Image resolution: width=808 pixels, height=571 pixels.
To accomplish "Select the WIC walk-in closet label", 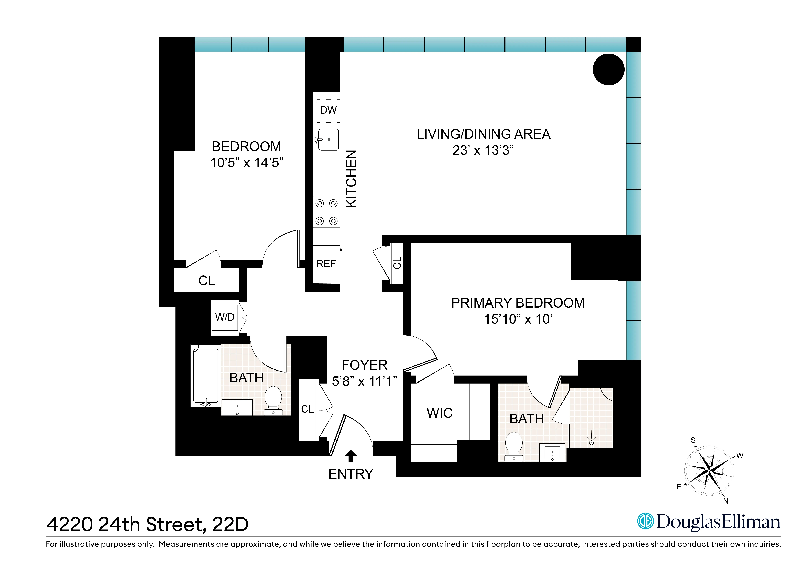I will [440, 413].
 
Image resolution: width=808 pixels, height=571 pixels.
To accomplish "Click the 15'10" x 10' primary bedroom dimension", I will [518, 319].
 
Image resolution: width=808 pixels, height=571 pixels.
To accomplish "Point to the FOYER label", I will [365, 365].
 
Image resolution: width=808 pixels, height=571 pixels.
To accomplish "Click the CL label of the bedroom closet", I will [207, 281].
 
